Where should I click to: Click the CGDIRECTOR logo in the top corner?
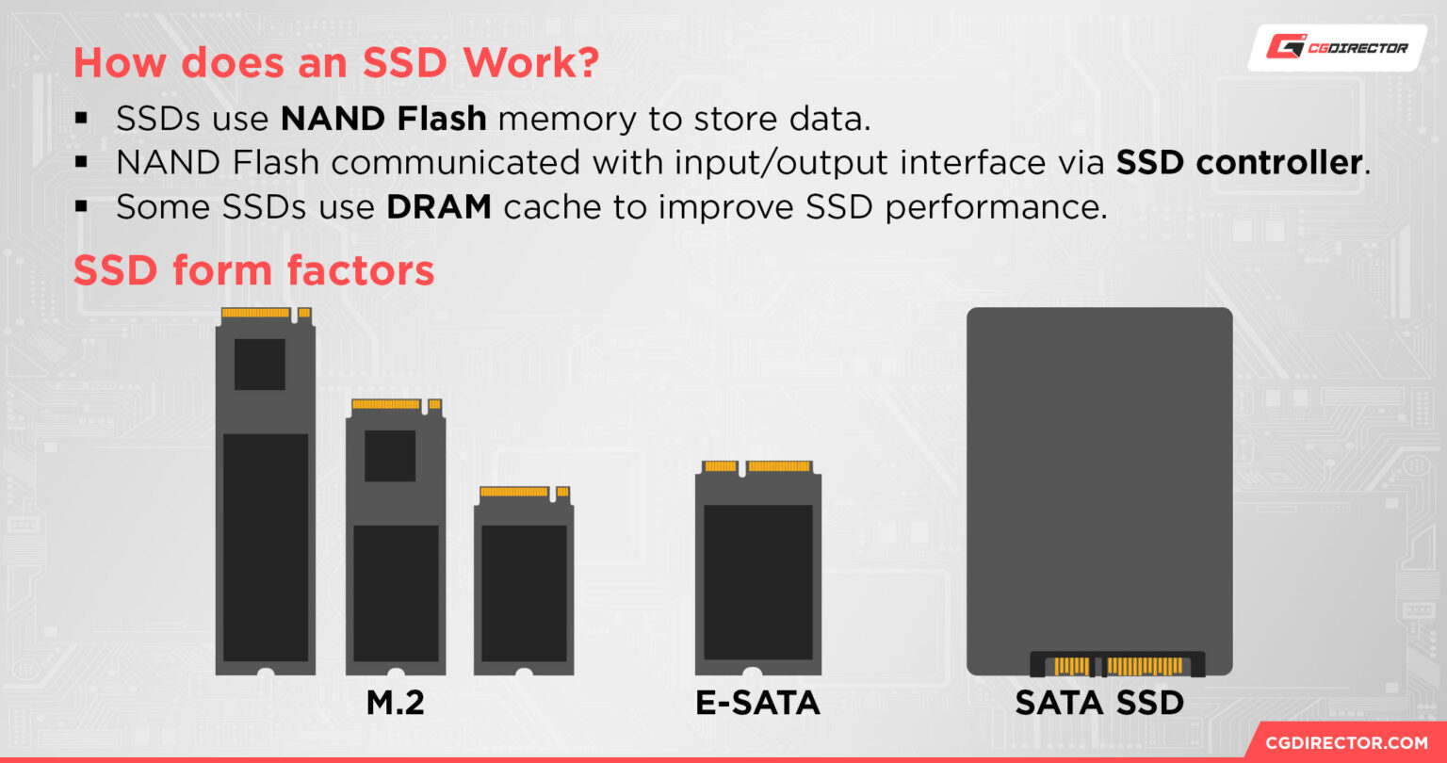tap(1337, 46)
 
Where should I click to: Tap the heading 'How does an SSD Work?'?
tap(335, 62)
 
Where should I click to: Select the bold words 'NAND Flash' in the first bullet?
tap(383, 119)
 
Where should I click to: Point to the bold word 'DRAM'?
tap(439, 207)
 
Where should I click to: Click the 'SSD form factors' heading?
tap(253, 270)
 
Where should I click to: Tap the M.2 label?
tap(396, 704)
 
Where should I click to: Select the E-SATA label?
tap(757, 704)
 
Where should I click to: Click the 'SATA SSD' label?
tap(1099, 704)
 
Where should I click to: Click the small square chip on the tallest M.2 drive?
tap(260, 365)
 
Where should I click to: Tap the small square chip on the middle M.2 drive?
tap(390, 456)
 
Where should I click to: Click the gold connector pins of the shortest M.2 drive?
tap(514, 492)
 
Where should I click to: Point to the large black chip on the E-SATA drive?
tap(757, 582)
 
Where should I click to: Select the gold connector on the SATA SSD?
tap(1118, 666)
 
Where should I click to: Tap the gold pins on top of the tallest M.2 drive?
tap(256, 313)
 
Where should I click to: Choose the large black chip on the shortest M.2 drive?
tap(524, 593)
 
